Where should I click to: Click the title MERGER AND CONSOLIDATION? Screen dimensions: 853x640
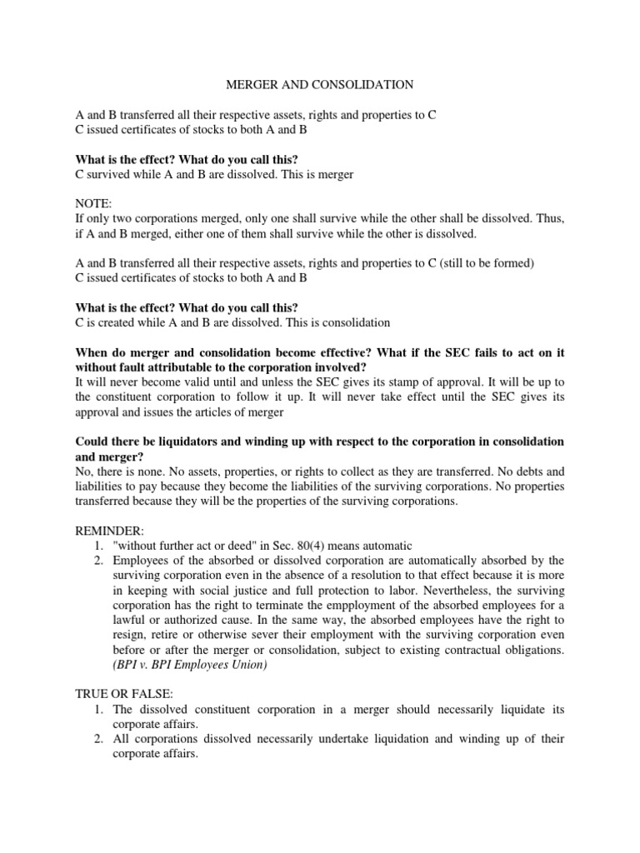tap(321, 84)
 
